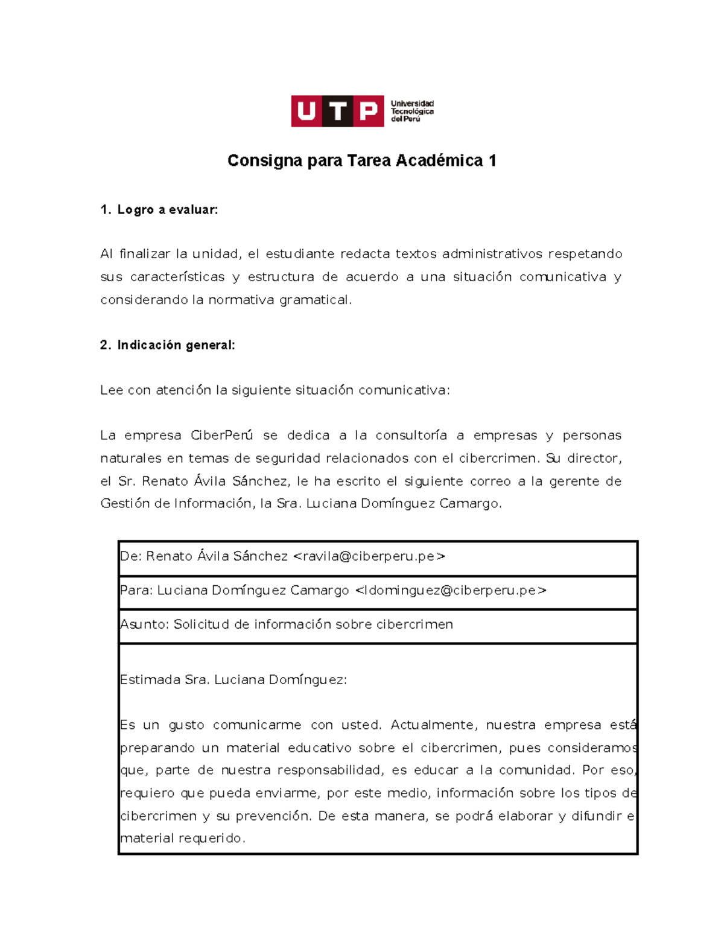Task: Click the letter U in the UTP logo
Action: coord(306,111)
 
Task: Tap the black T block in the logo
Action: coord(338,111)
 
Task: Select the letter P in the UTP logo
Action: coord(368,111)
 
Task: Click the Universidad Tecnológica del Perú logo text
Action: coord(412,111)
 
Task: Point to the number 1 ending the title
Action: coord(492,160)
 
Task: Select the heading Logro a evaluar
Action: coord(167,210)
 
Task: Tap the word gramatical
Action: coord(314,300)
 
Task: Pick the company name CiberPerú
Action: coord(221,436)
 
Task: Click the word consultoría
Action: coord(411,436)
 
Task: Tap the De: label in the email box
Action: coord(131,556)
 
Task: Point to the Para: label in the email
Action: coord(136,591)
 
